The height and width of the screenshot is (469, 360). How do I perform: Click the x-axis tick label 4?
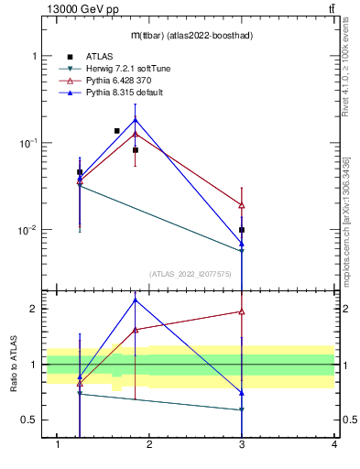[x=334, y=444]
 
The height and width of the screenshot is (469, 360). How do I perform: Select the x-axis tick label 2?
[x=150, y=444]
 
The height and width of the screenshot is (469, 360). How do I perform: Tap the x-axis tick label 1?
[x=59, y=444]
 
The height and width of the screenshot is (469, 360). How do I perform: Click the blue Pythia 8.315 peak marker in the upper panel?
[x=136, y=120]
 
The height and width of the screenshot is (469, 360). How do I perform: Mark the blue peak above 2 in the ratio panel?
[x=136, y=300]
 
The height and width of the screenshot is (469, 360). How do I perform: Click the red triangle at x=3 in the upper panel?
[x=242, y=205]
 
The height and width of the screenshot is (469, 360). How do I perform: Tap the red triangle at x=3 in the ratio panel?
[x=242, y=311]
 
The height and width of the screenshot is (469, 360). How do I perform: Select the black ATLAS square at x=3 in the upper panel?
[x=242, y=230]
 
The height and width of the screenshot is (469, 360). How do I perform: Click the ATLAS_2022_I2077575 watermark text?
[x=190, y=273]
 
